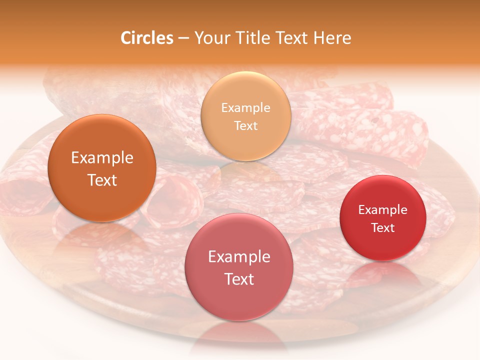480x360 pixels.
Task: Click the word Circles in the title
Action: (x=146, y=38)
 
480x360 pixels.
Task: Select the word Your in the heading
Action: (x=209, y=38)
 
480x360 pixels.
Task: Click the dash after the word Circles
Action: (x=183, y=38)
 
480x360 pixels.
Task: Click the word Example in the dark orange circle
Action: (x=102, y=158)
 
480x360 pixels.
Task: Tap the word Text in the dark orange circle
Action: (x=102, y=180)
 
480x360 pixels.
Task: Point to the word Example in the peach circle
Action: (x=245, y=108)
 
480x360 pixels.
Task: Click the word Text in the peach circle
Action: (x=245, y=125)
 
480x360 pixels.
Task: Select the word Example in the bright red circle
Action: (x=383, y=210)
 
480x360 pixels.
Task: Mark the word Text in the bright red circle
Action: (x=383, y=228)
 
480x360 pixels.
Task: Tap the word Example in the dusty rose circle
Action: (x=239, y=257)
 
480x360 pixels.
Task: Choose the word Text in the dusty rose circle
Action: (x=239, y=279)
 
